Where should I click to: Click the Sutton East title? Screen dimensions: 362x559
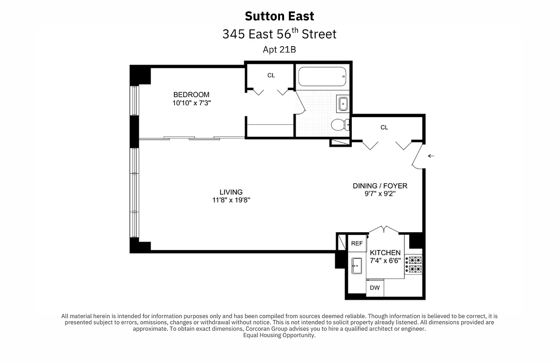pyautogui.click(x=279, y=16)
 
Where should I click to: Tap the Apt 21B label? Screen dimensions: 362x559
pyautogui.click(x=279, y=50)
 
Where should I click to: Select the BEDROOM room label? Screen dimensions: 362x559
pyautogui.click(x=191, y=95)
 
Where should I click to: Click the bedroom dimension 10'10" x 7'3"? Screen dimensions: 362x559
pyautogui.click(x=192, y=103)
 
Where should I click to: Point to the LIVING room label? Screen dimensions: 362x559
pyautogui.click(x=231, y=192)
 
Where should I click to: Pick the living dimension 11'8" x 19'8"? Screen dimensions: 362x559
pyautogui.click(x=231, y=200)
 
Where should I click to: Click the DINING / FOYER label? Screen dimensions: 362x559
pyautogui.click(x=380, y=186)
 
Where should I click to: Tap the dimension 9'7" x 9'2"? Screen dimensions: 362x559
pyautogui.click(x=380, y=194)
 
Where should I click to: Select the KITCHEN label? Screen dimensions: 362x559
pyautogui.click(x=385, y=252)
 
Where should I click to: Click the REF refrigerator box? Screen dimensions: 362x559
pyautogui.click(x=357, y=243)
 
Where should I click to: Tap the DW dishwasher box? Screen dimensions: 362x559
pyautogui.click(x=374, y=288)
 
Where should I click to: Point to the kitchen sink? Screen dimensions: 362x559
pyautogui.click(x=357, y=265)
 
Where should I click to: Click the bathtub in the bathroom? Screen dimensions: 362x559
pyautogui.click(x=322, y=76)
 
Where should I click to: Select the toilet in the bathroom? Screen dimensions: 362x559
pyautogui.click(x=340, y=124)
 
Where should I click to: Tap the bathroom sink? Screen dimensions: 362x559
pyautogui.click(x=343, y=104)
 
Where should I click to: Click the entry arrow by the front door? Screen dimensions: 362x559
pyautogui.click(x=431, y=156)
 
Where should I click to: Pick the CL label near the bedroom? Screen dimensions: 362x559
pyautogui.click(x=271, y=75)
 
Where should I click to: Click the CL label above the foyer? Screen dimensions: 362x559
pyautogui.click(x=384, y=128)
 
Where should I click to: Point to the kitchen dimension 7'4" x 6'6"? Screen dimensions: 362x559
pyautogui.click(x=385, y=261)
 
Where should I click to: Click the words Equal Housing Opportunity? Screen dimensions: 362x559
pyautogui.click(x=279, y=335)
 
